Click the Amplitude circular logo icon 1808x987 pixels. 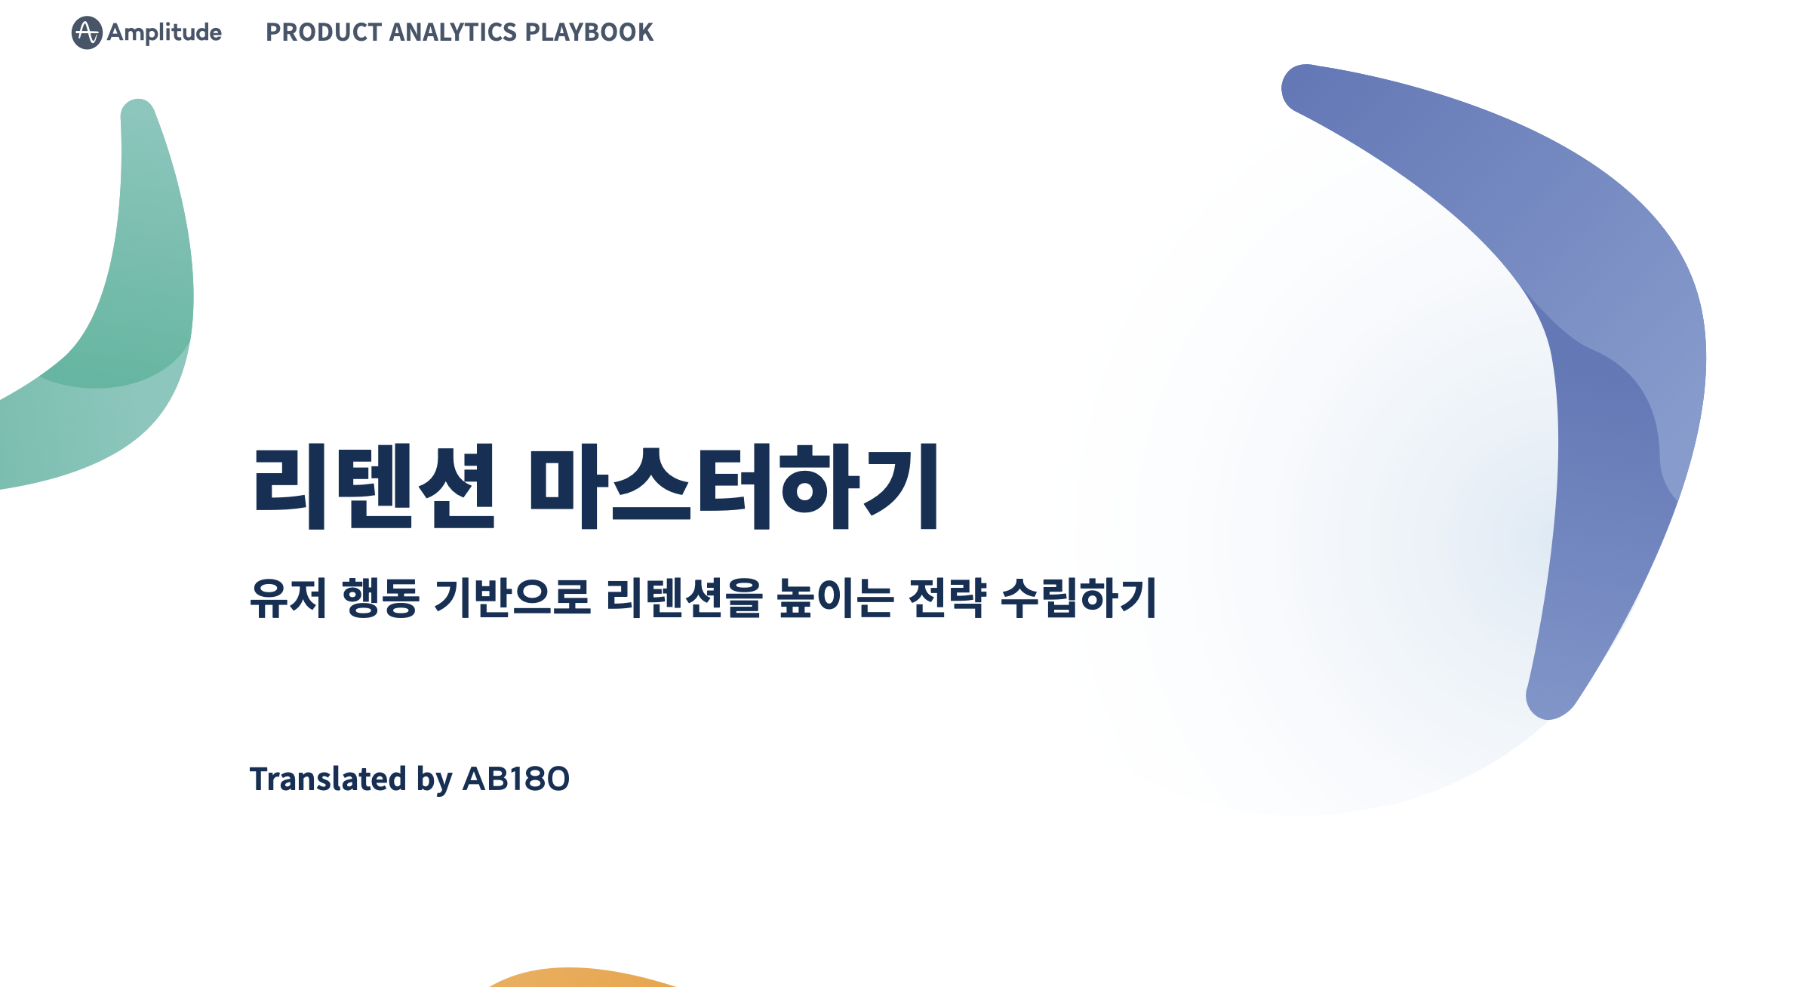tap(87, 32)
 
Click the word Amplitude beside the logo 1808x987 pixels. tap(165, 32)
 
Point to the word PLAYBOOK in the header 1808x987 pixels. tap(589, 32)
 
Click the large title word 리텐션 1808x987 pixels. tap(374, 487)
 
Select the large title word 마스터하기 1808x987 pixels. tap(735, 487)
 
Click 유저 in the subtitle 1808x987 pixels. tap(288, 598)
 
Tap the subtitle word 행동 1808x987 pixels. tap(380, 598)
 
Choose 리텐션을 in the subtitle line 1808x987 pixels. tap(684, 598)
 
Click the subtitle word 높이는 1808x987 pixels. tap(836, 598)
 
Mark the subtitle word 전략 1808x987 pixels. tap(948, 598)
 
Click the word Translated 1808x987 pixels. tap(328, 779)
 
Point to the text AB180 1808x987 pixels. tap(516, 779)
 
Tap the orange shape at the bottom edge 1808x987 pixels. tap(581, 978)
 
